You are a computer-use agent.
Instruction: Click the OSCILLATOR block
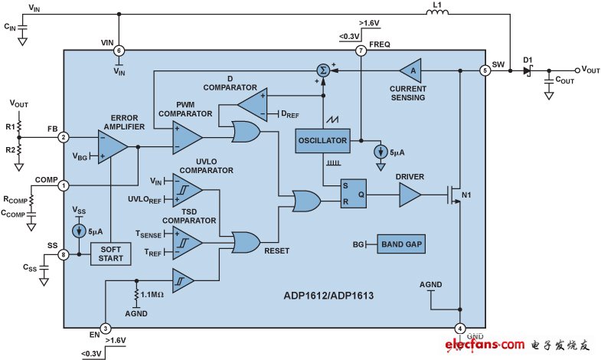pyautogui.click(x=321, y=140)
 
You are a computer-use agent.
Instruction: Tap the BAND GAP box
pyautogui.click(x=400, y=244)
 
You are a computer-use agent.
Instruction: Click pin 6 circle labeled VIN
pyautogui.click(x=119, y=50)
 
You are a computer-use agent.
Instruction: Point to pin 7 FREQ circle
pyautogui.click(x=361, y=51)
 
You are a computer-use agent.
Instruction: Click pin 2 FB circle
pyautogui.click(x=64, y=138)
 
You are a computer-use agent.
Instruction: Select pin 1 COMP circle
pyautogui.click(x=64, y=185)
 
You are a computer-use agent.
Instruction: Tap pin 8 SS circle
pyautogui.click(x=64, y=255)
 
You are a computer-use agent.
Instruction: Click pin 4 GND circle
pyautogui.click(x=460, y=329)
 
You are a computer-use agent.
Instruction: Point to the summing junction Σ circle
pyautogui.click(x=325, y=70)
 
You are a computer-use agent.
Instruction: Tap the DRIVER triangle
pyautogui.click(x=409, y=196)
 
